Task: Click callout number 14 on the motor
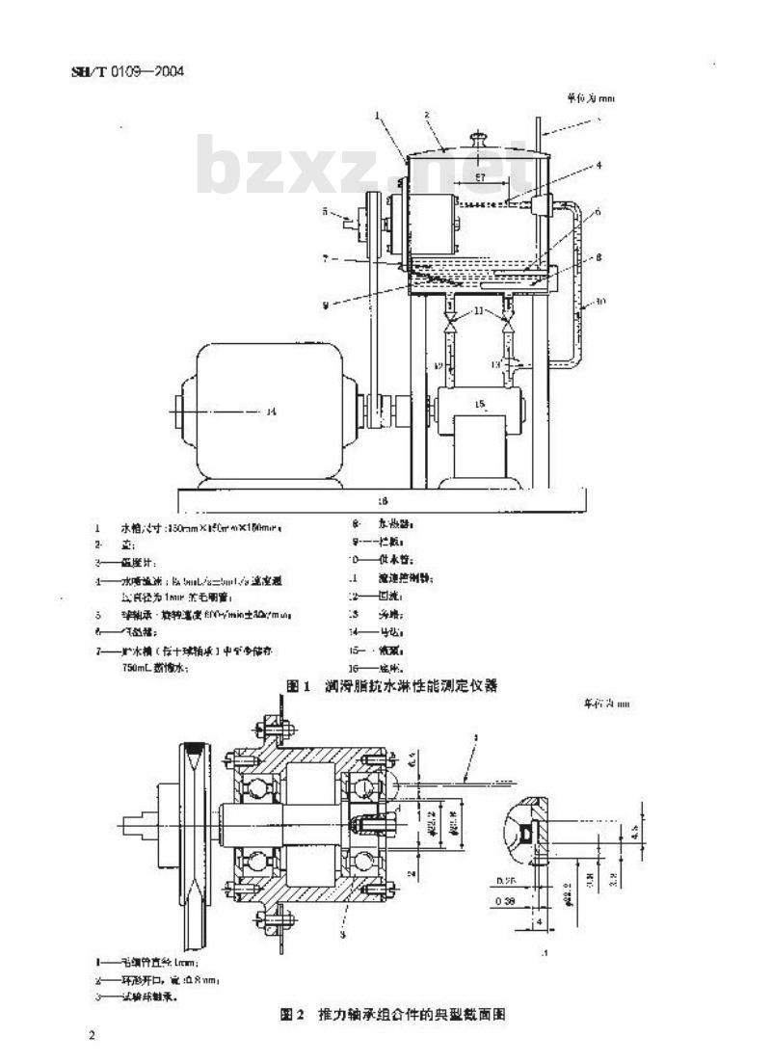[271, 412]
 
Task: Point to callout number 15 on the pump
[479, 402]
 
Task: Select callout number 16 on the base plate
[383, 501]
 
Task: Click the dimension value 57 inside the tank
[479, 177]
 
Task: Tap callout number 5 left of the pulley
[325, 210]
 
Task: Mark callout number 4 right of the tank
[598, 165]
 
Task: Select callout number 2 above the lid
[425, 114]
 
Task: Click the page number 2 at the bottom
[92, 1036]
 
